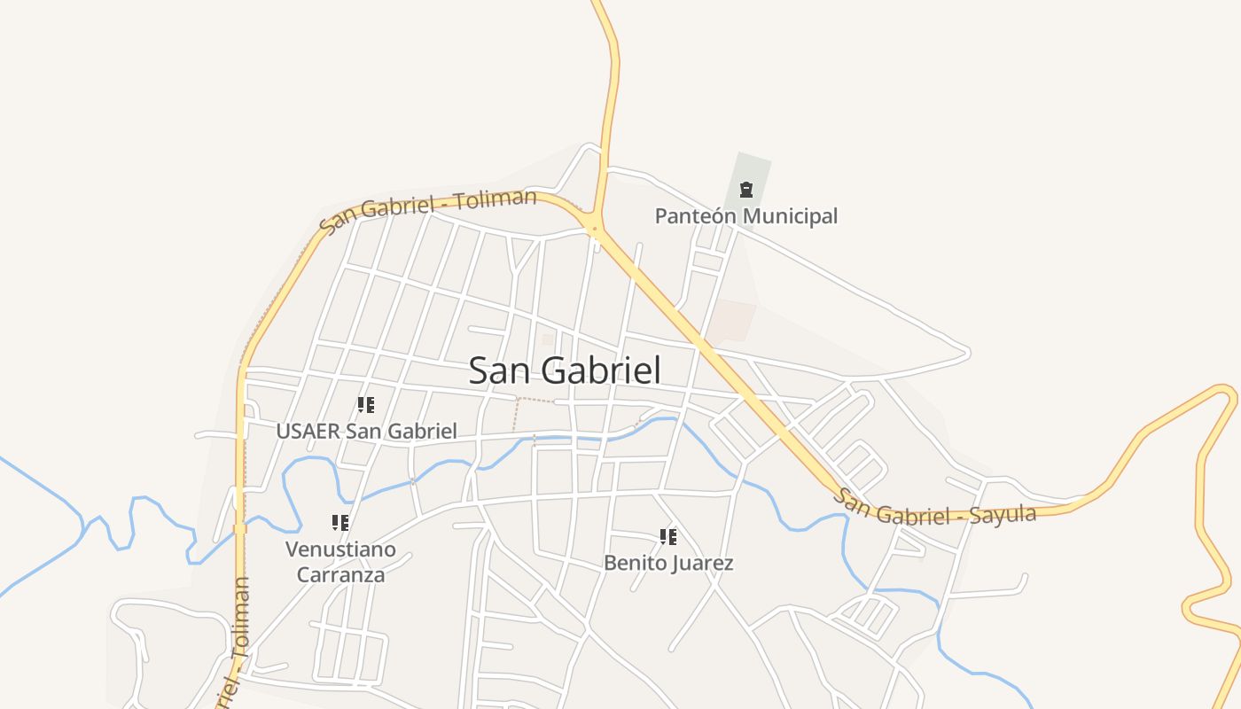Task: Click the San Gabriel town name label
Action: tap(565, 370)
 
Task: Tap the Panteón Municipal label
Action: tap(745, 216)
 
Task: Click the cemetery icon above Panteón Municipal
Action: tap(745, 189)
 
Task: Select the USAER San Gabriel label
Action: tap(366, 432)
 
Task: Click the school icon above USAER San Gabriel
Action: tap(365, 405)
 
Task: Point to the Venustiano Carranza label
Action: tap(340, 562)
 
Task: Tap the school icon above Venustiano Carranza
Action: tap(340, 523)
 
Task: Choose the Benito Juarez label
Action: tap(668, 563)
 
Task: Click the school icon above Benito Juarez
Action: tap(668, 536)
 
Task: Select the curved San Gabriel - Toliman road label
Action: tap(427, 209)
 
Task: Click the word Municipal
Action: tap(791, 216)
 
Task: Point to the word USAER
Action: tap(308, 432)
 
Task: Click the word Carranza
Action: tap(340, 574)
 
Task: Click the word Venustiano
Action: tap(340, 549)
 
